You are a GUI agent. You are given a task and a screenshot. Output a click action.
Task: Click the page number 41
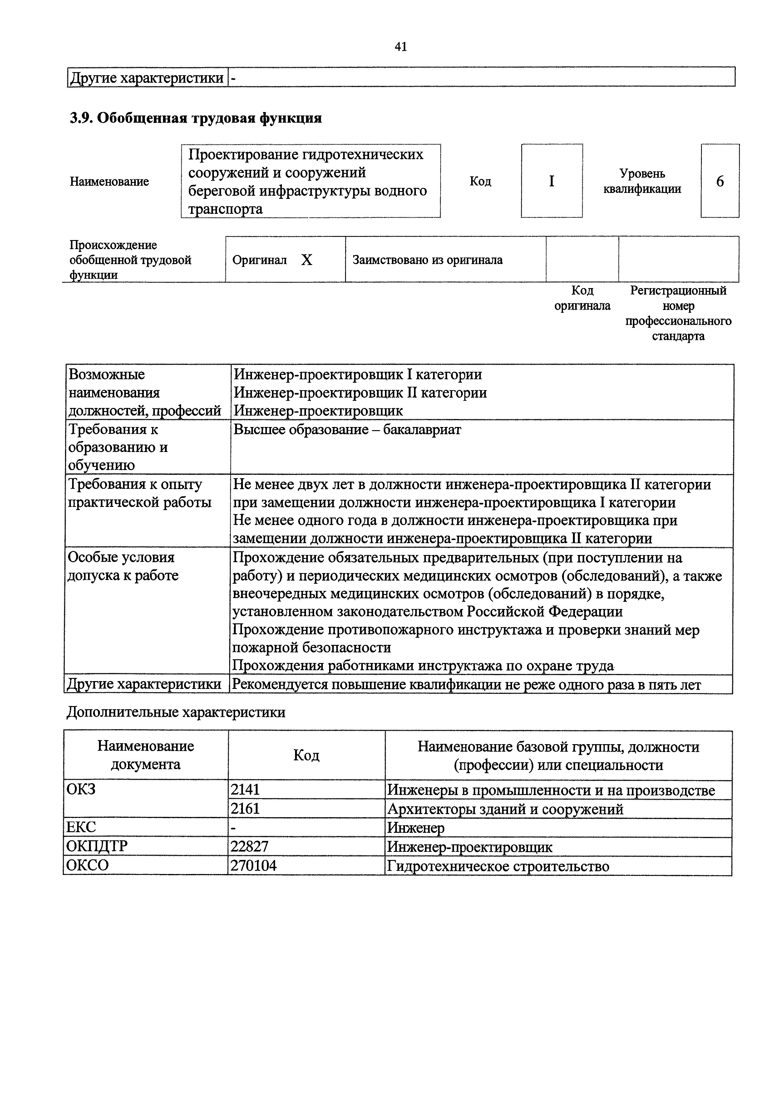tap(401, 47)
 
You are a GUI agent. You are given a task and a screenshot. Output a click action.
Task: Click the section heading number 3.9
tap(81, 118)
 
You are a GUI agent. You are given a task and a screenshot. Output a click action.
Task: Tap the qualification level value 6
tap(720, 181)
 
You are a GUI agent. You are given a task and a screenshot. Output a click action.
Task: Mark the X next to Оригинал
tap(307, 260)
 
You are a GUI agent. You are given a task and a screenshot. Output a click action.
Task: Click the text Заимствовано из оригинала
tap(427, 260)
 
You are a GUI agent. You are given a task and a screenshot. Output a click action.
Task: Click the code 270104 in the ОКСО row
tap(253, 866)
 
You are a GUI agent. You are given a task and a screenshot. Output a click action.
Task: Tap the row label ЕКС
tap(81, 828)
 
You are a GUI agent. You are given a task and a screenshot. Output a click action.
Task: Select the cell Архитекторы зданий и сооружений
tap(505, 809)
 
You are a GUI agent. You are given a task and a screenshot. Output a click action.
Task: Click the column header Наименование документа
tap(145, 755)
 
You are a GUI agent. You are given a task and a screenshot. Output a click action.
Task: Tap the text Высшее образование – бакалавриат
tap(347, 430)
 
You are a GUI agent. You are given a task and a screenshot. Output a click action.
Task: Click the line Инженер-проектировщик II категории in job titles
tap(360, 392)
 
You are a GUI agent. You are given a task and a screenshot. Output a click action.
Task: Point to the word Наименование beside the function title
tap(109, 181)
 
